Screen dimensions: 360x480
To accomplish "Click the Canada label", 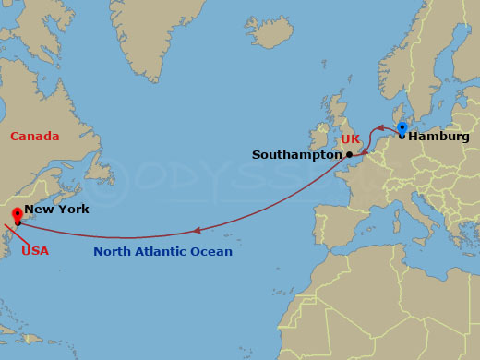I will click(x=35, y=137).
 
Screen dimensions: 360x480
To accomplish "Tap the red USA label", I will click(x=35, y=250).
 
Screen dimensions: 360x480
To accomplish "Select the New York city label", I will click(x=56, y=210).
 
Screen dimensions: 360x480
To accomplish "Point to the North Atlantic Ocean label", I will click(x=162, y=251).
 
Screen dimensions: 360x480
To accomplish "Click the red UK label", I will click(x=350, y=139).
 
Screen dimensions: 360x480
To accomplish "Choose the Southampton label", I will click(x=296, y=155).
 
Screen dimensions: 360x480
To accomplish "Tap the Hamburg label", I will click(x=438, y=137).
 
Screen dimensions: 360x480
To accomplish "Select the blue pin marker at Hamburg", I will click(x=402, y=127).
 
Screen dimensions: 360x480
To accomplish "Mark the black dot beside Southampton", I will click(x=349, y=154).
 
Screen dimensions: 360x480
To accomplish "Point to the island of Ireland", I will click(x=319, y=139).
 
